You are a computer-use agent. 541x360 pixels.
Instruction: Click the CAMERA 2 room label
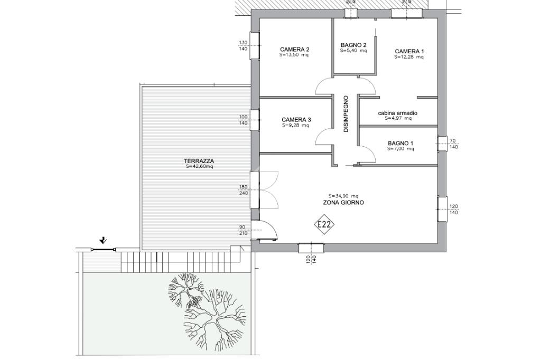(294, 49)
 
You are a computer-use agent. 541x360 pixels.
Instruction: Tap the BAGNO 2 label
(353, 45)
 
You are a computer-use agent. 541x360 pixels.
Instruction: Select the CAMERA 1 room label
(409, 51)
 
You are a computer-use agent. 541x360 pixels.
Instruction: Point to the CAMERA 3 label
(296, 120)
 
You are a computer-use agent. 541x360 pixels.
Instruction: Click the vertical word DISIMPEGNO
(346, 114)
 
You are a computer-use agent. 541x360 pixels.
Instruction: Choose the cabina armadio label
(398, 113)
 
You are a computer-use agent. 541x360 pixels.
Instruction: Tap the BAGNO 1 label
(400, 143)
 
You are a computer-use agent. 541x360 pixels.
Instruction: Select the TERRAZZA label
(199, 161)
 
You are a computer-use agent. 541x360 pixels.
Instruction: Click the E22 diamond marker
(324, 225)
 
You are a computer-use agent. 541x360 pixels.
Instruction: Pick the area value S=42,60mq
(199, 167)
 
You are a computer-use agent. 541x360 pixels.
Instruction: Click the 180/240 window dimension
(244, 190)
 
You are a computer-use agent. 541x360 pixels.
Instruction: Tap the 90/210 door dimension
(244, 230)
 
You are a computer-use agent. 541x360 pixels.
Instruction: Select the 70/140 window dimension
(453, 144)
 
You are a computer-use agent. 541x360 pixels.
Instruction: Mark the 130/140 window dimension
(243, 46)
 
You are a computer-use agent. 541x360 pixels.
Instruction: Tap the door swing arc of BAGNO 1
(370, 151)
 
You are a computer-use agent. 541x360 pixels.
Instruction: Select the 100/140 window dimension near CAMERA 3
(244, 120)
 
